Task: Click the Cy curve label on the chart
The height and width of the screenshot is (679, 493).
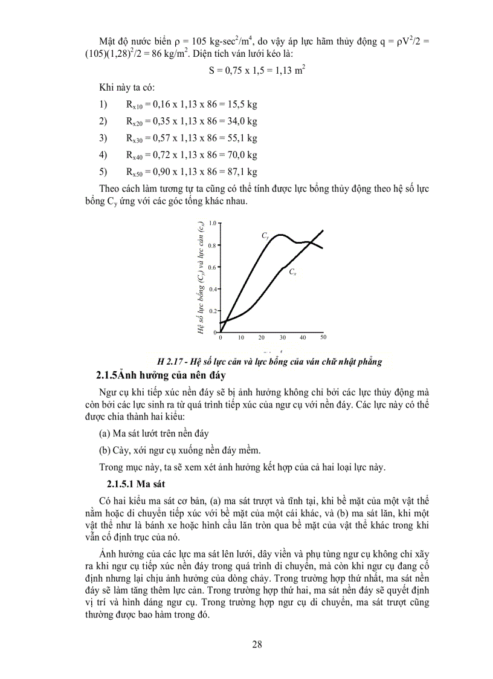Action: (265, 235)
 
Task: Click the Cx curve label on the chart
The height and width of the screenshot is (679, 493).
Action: (292, 273)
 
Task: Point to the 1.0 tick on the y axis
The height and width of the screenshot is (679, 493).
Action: (213, 223)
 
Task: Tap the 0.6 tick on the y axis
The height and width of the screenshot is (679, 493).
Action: (213, 267)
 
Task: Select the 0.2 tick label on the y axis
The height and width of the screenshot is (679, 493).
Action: (213, 311)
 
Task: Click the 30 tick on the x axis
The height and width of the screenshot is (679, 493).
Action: (282, 337)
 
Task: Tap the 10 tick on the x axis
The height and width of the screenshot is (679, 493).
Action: (240, 337)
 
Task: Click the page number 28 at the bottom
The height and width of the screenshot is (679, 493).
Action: (257, 644)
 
